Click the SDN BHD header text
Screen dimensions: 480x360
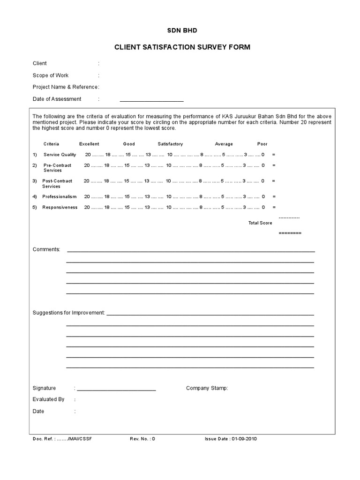tap(182, 30)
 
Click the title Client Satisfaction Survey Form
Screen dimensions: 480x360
tap(182, 47)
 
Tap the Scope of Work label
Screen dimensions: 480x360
tap(50, 75)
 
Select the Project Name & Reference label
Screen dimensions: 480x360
tap(65, 87)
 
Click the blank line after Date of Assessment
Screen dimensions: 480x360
tap(151, 100)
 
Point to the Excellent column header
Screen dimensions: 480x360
tap(89, 144)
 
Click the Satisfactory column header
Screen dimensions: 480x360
tap(170, 144)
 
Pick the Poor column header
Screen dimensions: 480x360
tap(262, 144)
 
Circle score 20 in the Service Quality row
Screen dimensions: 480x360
tap(88, 154)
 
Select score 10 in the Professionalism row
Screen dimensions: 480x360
tap(169, 196)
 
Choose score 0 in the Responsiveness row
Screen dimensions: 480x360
tap(263, 207)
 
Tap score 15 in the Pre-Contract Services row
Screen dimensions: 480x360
tap(127, 165)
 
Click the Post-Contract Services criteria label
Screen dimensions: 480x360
tap(57, 183)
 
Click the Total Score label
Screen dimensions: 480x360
tap(260, 223)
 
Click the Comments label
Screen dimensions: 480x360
tap(46, 249)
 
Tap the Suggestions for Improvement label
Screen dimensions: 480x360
tap(68, 313)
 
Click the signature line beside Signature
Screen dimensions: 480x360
tap(116, 389)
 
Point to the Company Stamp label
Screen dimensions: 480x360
tap(207, 388)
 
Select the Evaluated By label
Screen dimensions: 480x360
tap(48, 399)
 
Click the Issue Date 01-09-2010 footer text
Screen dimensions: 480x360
tap(231, 439)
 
